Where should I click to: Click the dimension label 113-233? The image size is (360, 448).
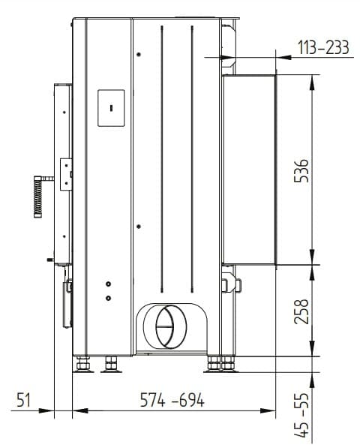point(323,47)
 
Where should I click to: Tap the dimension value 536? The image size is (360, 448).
point(301,170)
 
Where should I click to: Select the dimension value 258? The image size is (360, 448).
point(301,311)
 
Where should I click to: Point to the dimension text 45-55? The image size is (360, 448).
point(301,415)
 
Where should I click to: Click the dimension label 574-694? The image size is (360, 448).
point(172,400)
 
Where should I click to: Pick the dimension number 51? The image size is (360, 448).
point(23,400)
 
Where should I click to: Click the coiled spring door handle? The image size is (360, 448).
point(38,197)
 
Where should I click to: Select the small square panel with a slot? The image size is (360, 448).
point(111,108)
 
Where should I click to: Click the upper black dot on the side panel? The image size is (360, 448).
point(139,54)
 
